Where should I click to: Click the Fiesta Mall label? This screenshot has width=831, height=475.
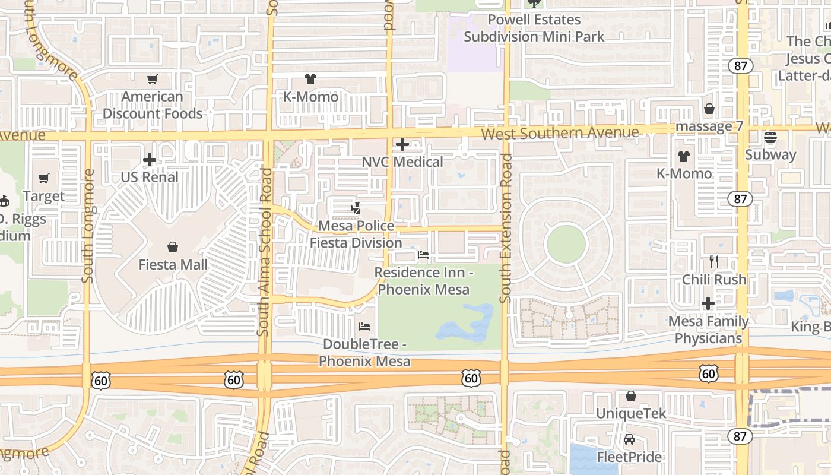coord(173,264)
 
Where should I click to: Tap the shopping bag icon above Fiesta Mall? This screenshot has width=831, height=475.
coord(173,246)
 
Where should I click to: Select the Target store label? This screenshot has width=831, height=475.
coord(44,196)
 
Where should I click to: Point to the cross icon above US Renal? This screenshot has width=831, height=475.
coord(150,160)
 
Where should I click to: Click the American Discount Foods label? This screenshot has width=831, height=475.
coord(153,105)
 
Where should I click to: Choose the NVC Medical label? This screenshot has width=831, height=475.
coord(402,161)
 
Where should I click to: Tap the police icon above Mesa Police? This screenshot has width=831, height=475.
coord(356,208)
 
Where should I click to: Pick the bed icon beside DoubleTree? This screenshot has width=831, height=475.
coord(364,327)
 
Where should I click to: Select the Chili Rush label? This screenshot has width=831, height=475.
coord(714,279)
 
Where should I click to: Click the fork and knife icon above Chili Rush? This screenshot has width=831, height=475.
coord(714,261)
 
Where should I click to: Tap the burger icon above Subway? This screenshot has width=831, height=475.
coord(770,137)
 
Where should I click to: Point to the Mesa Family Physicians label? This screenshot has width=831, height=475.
coord(708,330)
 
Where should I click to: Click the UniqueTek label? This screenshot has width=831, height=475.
coord(631,413)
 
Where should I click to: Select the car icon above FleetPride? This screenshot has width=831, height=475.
coord(629,439)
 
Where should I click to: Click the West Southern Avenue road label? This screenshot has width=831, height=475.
coord(560,132)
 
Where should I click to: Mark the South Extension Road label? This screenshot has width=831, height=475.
coord(506,229)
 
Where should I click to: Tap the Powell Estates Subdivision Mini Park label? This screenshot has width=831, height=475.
coord(534,28)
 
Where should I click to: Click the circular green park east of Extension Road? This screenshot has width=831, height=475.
coord(566,244)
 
